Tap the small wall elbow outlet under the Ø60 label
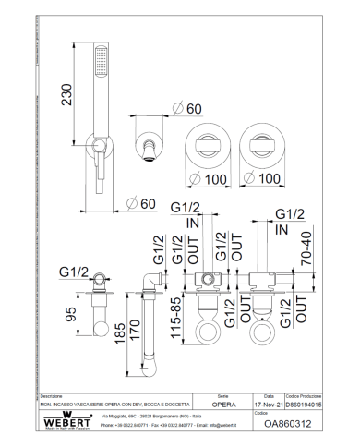click(148, 145)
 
